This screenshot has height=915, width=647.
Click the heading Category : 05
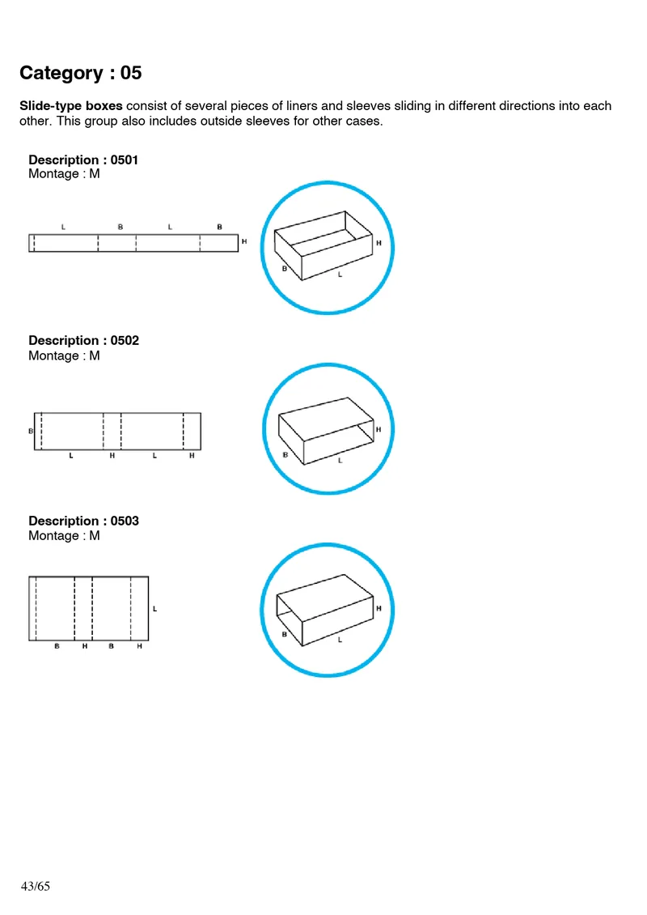80,73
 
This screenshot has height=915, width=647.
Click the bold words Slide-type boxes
71,106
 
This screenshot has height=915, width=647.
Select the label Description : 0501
83,160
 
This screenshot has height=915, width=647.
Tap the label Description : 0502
83,341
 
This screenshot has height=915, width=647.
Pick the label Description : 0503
83,521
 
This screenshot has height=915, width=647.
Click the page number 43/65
36,887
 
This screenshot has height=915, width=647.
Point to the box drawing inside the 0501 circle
323,245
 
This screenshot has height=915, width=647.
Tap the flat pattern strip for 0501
133,243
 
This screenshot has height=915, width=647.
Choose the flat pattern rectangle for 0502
117,431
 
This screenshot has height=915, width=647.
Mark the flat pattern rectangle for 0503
89,609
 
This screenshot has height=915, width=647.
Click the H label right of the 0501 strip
244,242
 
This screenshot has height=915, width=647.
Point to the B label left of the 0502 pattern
31,432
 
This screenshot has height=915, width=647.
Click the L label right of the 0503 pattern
154,608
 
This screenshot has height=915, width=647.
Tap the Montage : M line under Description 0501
64,174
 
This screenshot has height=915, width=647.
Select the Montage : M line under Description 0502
64,355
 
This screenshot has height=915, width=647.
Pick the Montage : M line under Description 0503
64,536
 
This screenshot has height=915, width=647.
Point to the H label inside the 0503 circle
378,607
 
